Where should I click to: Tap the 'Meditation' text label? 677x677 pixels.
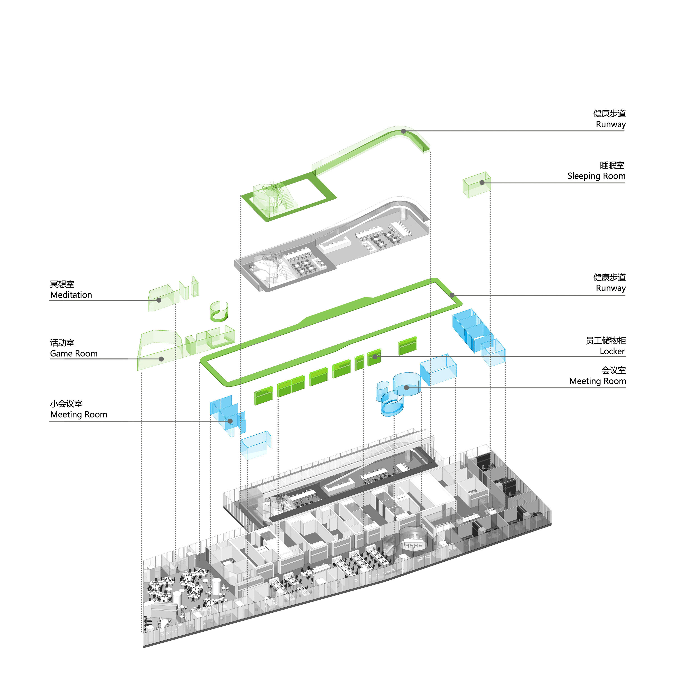(71, 295)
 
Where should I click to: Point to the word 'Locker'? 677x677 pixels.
(612, 351)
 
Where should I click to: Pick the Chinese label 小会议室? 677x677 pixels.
(66, 404)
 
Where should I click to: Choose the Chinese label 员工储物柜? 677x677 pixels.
(606, 341)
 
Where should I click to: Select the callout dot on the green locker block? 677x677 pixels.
(375, 357)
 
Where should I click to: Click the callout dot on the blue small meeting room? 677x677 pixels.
(230, 421)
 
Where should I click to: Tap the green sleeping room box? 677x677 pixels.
(477, 185)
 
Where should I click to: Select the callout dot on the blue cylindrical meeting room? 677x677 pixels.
(406, 387)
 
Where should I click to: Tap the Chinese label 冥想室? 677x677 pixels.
(62, 284)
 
